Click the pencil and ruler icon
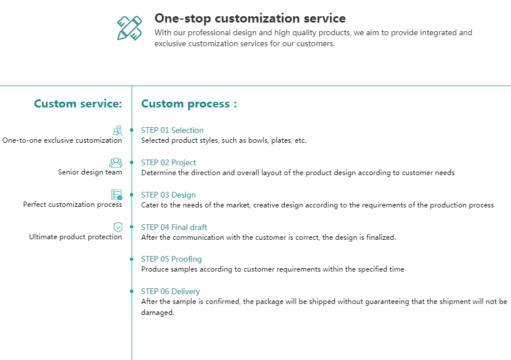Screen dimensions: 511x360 [x=129, y=28]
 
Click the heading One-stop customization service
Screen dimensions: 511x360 [x=250, y=18]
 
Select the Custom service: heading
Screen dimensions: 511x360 [x=78, y=103]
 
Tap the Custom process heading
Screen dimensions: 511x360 [x=189, y=104]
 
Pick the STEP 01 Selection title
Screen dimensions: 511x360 [x=172, y=130]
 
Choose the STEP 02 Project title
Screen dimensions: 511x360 [x=169, y=162]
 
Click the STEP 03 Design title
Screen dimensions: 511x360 [x=168, y=195]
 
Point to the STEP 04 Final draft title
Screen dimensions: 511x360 [x=174, y=227]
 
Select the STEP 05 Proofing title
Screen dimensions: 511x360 [x=171, y=259]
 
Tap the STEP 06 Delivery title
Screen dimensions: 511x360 [x=170, y=291]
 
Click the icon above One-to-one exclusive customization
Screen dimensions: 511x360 [x=117, y=131]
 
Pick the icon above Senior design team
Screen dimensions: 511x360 [x=115, y=162]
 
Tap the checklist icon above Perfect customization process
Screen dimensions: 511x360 [x=117, y=195]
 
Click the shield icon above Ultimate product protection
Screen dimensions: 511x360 [x=118, y=227]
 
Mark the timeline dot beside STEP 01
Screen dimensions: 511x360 [x=132, y=130]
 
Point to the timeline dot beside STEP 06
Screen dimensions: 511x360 [x=132, y=291]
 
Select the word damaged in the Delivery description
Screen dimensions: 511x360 [x=158, y=313]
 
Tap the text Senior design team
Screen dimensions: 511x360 [x=90, y=172]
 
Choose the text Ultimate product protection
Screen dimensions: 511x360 [x=76, y=237]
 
